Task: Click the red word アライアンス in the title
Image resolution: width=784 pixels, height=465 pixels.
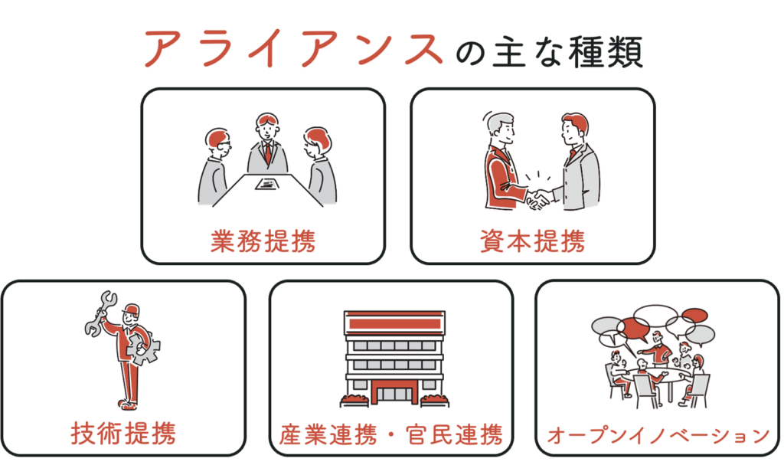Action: [294, 48]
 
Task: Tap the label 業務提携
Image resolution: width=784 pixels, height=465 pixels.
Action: [263, 241]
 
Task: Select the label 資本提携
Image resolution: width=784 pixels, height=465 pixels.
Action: [533, 241]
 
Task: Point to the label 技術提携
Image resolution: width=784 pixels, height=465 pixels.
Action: [123, 433]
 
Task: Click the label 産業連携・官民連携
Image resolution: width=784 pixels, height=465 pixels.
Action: [390, 434]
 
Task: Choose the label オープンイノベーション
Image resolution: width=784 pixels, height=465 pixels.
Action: [658, 435]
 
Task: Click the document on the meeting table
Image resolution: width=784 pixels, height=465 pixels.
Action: [267, 184]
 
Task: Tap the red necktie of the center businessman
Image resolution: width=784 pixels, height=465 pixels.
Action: [268, 152]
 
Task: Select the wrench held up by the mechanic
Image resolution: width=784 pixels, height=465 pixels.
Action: [99, 313]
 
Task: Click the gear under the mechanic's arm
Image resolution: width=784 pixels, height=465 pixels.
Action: [143, 347]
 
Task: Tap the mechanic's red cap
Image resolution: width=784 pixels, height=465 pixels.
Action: [131, 309]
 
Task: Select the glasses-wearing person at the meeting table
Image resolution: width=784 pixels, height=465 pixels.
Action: [215, 167]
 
